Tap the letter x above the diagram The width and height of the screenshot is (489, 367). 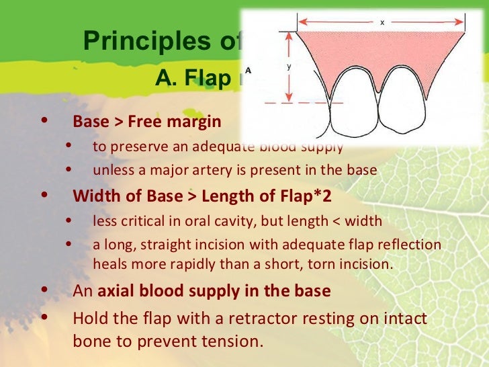coord(382,22)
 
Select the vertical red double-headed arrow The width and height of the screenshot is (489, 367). coord(289,67)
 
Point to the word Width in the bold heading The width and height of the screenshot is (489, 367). coord(93,197)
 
